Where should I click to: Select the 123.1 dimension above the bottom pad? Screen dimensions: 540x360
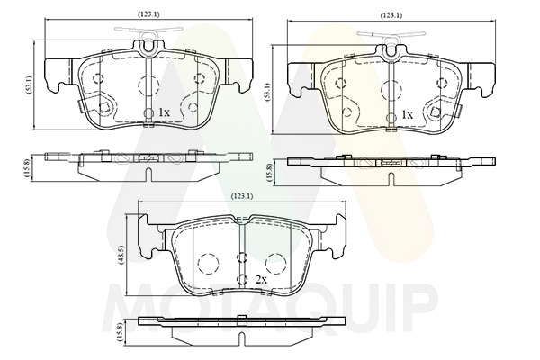pyautogui.click(x=242, y=196)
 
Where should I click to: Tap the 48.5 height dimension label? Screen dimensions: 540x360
pyautogui.click(x=121, y=255)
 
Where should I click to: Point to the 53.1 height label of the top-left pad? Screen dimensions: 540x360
pyautogui.click(x=30, y=85)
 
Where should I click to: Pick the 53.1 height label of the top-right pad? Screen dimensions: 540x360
pyautogui.click(x=267, y=91)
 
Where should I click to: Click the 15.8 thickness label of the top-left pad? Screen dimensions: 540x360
pyautogui.click(x=27, y=167)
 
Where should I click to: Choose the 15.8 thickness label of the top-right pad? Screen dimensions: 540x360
pyautogui.click(x=270, y=172)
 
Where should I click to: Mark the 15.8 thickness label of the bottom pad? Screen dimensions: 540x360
pyautogui.click(x=121, y=332)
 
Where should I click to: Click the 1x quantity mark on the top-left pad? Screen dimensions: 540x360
pyautogui.click(x=164, y=112)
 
